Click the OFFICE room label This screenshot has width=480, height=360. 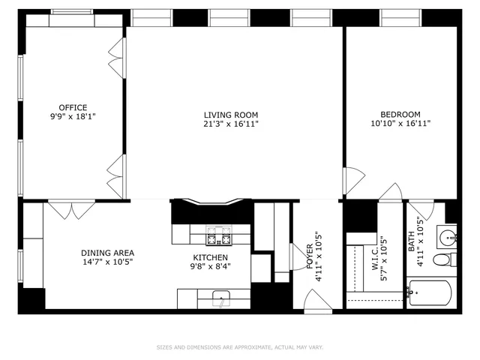(x=73, y=107)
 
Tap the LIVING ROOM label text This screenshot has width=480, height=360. (x=231, y=115)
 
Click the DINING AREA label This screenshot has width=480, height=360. (x=108, y=253)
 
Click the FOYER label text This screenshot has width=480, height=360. (x=309, y=256)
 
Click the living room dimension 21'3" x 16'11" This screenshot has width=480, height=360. (x=231, y=124)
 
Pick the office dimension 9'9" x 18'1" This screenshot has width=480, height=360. (x=73, y=117)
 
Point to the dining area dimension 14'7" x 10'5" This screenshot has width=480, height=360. (x=108, y=262)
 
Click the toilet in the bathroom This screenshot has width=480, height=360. (x=444, y=260)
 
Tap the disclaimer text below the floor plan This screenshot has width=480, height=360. (x=240, y=347)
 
